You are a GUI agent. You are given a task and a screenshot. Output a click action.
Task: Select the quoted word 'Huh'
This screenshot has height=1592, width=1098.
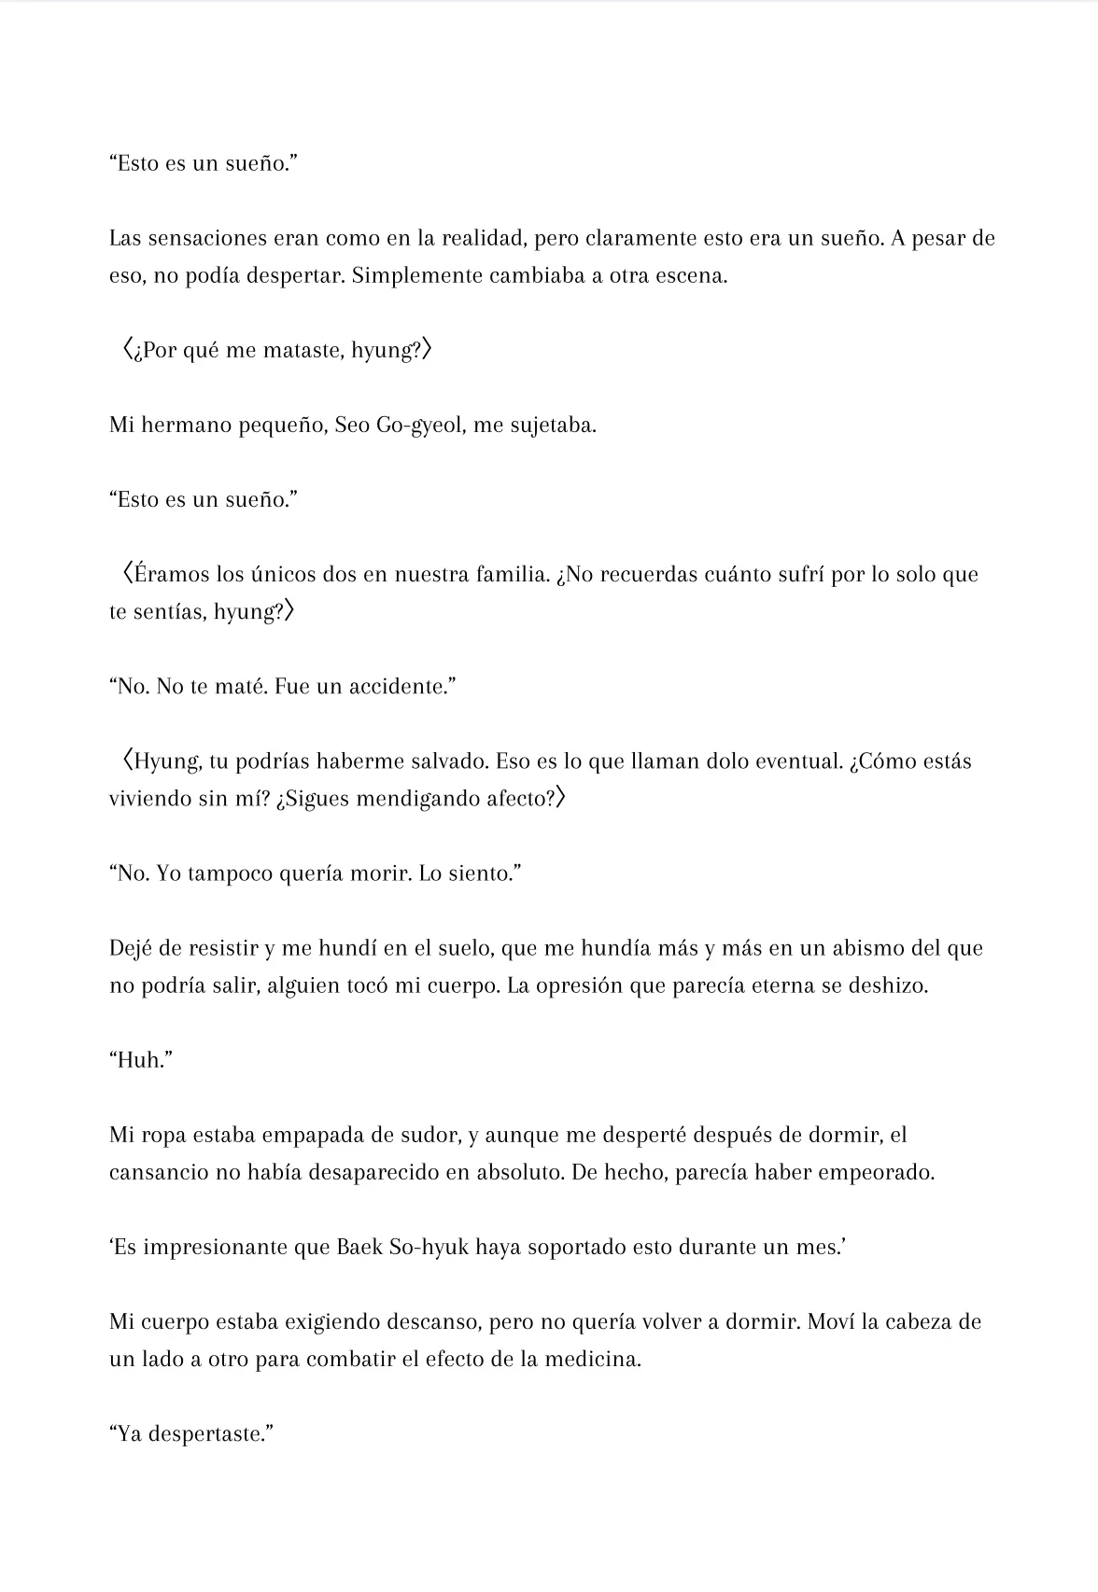point(140,1061)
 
